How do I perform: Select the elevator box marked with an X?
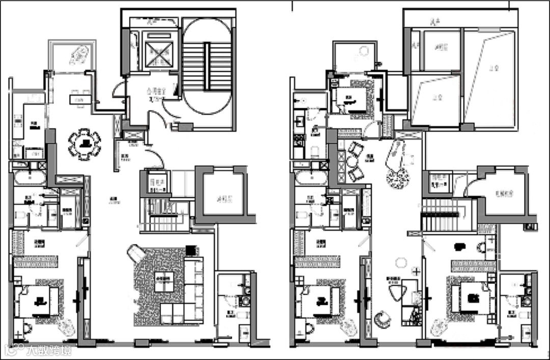click(159, 52)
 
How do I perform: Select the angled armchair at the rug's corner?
click(136, 253)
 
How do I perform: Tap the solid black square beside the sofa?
click(190, 250)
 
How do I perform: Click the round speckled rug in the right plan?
click(398, 178)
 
